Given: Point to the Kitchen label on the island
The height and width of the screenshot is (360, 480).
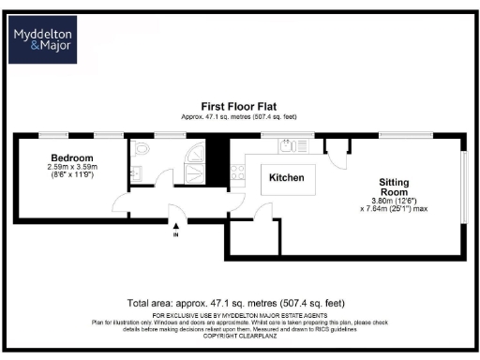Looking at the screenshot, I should click(x=286, y=176).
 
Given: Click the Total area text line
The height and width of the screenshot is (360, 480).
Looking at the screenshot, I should click(x=239, y=304).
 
